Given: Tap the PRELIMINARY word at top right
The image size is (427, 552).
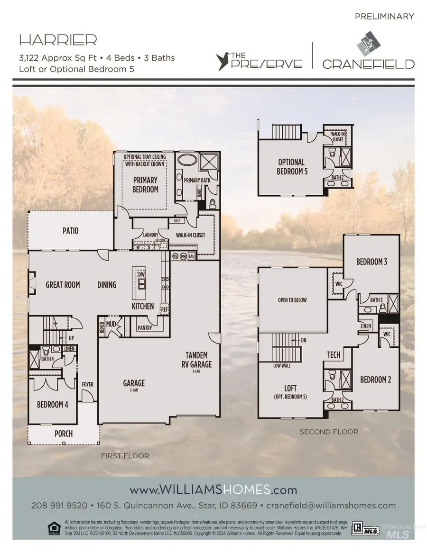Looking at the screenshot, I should click(x=384, y=17).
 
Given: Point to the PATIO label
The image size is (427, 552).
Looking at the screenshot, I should click(x=70, y=231).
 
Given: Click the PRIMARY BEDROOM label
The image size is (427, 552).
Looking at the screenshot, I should click(x=145, y=185).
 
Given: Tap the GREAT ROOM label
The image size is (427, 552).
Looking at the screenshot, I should click(x=63, y=285).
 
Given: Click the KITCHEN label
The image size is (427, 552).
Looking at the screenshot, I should click(x=143, y=306).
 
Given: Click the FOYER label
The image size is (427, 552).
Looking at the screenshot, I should click(x=88, y=384).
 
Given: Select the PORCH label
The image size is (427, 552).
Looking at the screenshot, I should click(x=64, y=433).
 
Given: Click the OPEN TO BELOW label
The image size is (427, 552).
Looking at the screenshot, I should click(x=292, y=300).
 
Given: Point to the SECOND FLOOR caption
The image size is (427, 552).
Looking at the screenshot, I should click(x=329, y=432).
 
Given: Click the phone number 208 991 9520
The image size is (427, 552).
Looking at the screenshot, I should click(x=59, y=505).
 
